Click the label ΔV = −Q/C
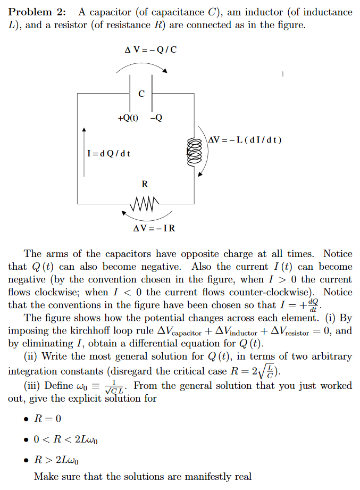click(x=150, y=51)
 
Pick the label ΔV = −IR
click(x=154, y=229)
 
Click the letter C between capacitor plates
click(x=141, y=94)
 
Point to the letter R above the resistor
click(x=145, y=185)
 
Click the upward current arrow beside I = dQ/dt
click(x=83, y=144)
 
